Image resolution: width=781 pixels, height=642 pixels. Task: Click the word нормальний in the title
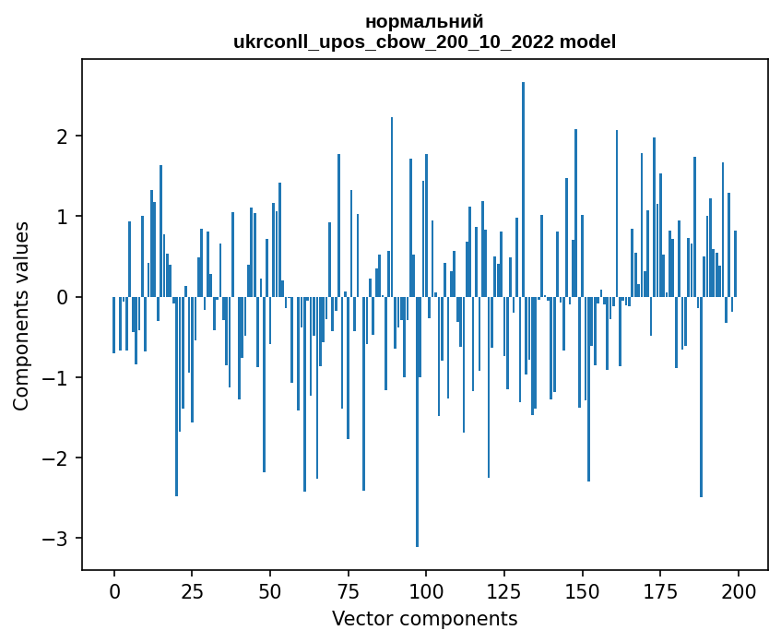424,21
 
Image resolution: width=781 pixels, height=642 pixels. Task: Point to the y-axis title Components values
20,315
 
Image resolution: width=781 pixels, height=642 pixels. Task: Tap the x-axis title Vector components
424,618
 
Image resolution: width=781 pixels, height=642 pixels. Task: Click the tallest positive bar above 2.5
523,184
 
